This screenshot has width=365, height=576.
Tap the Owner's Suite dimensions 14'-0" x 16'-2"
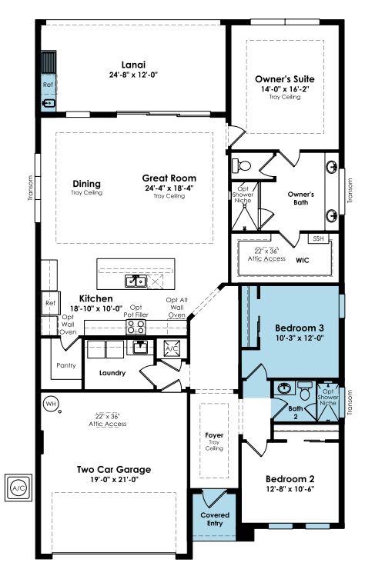(x=285, y=89)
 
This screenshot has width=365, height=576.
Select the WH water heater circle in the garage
(x=50, y=404)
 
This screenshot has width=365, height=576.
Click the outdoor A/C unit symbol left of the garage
(x=18, y=488)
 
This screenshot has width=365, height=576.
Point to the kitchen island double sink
(x=136, y=281)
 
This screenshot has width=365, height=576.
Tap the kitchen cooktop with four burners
(x=136, y=327)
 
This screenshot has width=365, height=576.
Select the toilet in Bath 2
(x=305, y=391)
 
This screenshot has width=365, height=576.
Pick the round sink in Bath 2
(x=284, y=388)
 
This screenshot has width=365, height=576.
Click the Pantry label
(x=66, y=365)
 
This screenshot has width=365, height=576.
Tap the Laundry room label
(x=112, y=373)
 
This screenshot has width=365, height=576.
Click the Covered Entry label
(x=215, y=519)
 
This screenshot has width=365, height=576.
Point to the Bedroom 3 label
(x=300, y=328)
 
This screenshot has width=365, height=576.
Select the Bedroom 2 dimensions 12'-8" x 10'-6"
(x=290, y=489)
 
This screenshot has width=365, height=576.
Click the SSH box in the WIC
(x=318, y=238)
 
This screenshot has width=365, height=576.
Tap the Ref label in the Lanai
(x=48, y=85)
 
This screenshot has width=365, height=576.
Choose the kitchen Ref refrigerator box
(x=50, y=303)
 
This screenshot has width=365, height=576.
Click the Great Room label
(x=169, y=178)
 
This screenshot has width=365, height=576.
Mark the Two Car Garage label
(x=114, y=470)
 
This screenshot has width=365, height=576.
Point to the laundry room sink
(x=140, y=347)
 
